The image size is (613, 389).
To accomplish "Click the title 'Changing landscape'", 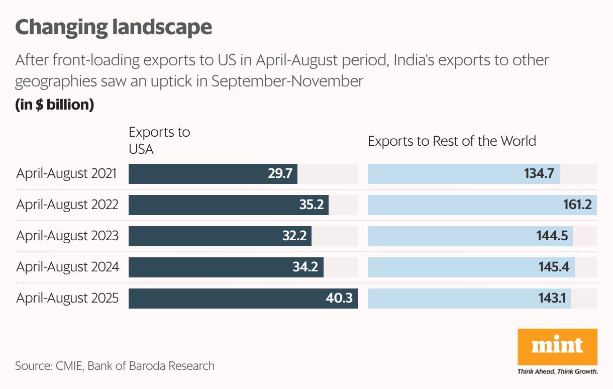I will (x=114, y=27).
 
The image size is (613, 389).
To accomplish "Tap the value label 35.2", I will (x=312, y=205).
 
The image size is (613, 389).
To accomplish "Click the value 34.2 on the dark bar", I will (x=305, y=267).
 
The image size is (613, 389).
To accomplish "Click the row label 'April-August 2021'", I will (x=67, y=174).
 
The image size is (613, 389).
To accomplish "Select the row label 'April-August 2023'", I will (x=67, y=236).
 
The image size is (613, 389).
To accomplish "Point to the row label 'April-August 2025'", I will (x=67, y=299).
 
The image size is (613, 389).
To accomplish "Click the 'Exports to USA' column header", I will (x=159, y=141).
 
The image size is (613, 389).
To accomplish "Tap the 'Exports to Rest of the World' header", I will (x=452, y=141).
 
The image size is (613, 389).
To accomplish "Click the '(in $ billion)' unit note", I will (x=55, y=106).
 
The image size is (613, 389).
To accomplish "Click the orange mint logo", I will (x=557, y=347).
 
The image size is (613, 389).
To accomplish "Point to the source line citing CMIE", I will (x=115, y=365).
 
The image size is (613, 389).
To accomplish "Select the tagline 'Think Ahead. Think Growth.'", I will (x=557, y=372).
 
